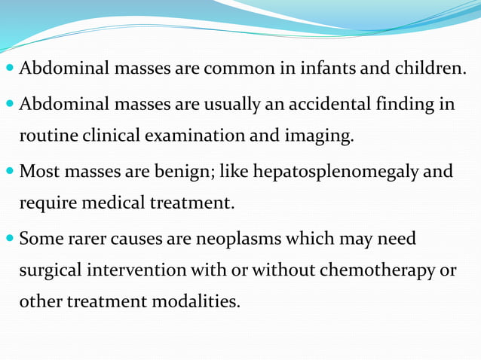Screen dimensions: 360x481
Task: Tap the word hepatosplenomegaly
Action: tap(336, 172)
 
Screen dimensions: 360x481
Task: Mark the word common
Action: tap(244, 70)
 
